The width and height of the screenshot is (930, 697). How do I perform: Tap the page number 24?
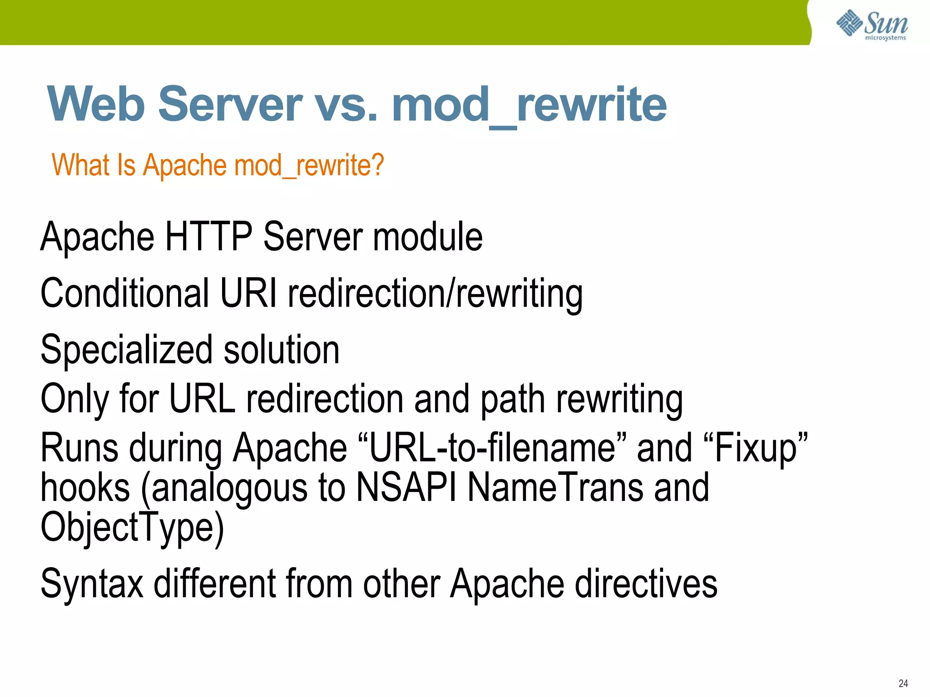pos(903,683)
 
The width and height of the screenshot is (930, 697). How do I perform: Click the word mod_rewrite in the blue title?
pos(529,105)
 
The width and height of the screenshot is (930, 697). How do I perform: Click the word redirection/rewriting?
pos(435,294)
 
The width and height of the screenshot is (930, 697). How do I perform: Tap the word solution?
pos(281,350)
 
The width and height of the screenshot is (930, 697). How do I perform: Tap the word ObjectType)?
pos(132,528)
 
